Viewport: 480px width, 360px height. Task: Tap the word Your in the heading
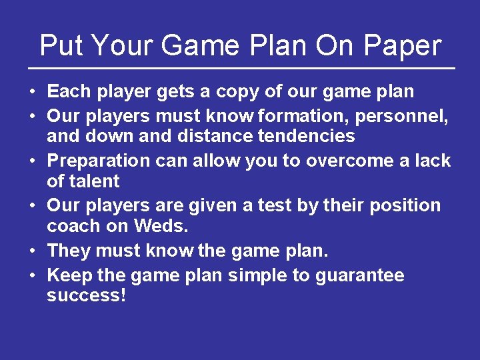tap(121, 46)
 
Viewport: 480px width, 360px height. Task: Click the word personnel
tap(401, 117)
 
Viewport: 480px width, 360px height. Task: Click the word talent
tap(93, 181)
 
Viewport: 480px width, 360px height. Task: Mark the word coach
tap(73, 226)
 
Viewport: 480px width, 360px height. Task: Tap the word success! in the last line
tap(86, 296)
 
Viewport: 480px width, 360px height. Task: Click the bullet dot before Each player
tap(32, 91)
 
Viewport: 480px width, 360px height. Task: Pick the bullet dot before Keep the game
tap(32, 276)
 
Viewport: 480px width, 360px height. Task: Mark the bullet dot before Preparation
tap(32, 161)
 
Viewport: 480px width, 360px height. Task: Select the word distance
tap(218, 137)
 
